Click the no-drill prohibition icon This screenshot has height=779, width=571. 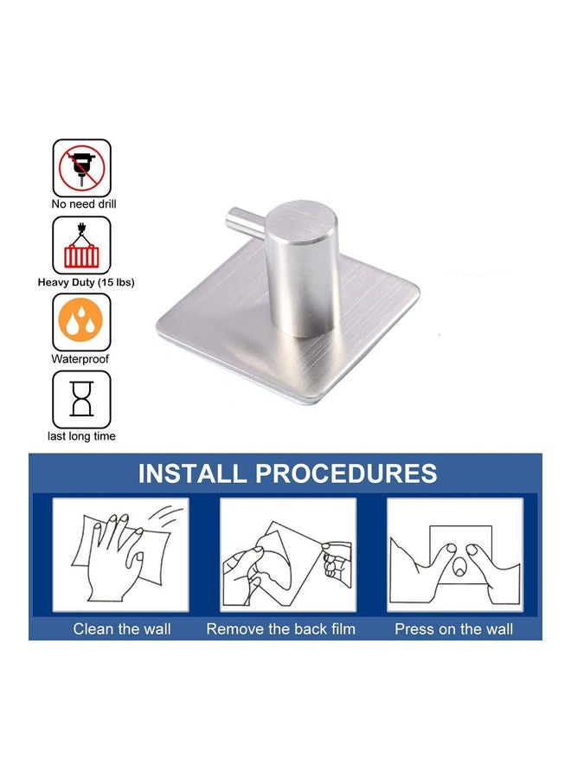(82, 168)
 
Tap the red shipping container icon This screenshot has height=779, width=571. (82, 245)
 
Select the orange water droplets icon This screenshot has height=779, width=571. (82, 321)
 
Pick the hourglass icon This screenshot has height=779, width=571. (82, 399)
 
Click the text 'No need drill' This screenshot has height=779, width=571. (83, 205)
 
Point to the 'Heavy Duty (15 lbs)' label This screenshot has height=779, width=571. (86, 282)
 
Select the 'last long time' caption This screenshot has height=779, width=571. (82, 436)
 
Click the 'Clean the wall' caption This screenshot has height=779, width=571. (122, 629)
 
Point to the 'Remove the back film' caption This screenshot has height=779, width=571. (280, 629)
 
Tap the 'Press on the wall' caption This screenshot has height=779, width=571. (453, 629)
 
